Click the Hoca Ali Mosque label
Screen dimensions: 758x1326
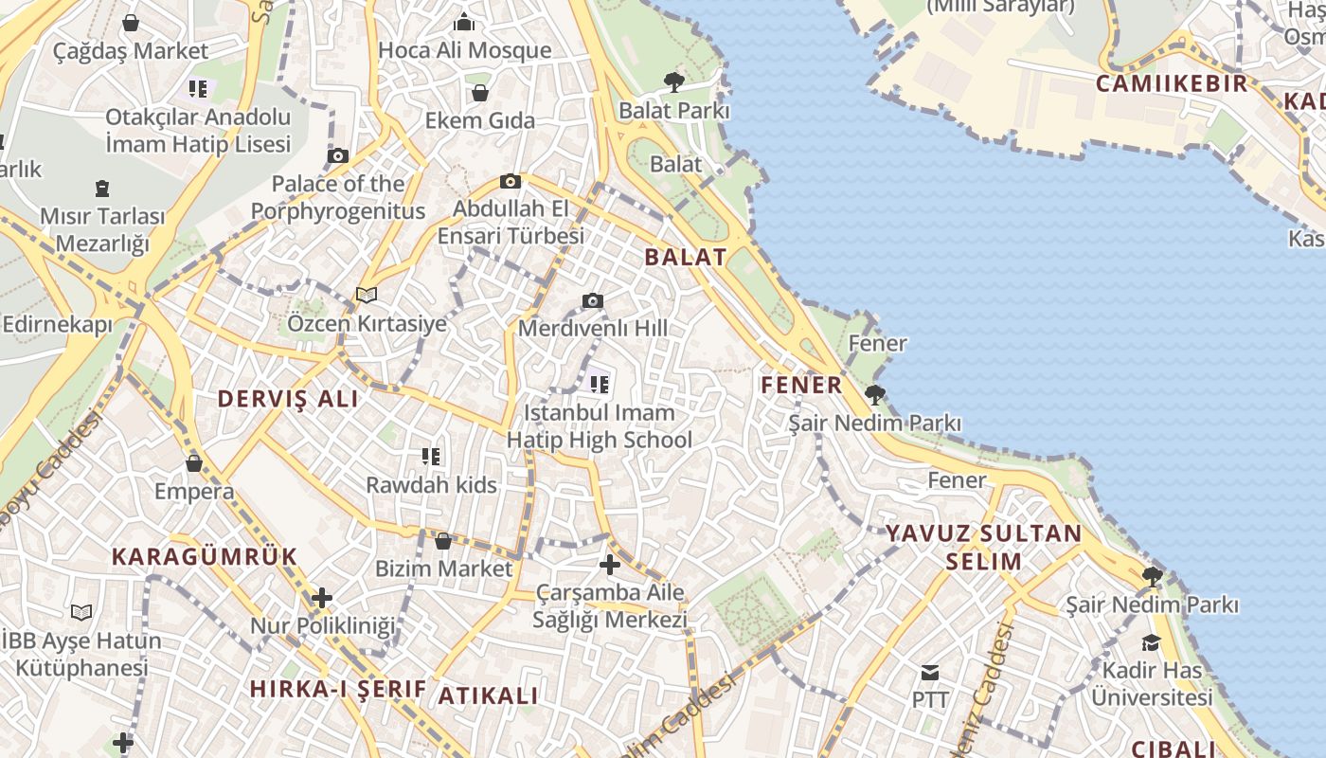pos(464,50)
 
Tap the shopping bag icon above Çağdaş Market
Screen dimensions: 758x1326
pos(131,22)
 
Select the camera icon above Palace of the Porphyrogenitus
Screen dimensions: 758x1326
pos(338,155)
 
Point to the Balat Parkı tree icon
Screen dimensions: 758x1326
pos(674,82)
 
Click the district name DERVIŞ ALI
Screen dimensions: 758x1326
pos(288,399)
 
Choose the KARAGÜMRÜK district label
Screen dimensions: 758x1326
pos(205,556)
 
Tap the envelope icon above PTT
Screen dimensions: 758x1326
pos(930,673)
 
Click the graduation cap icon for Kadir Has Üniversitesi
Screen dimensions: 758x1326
pos(1151,642)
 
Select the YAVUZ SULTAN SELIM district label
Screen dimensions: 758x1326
pos(983,547)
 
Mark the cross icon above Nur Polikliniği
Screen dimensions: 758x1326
pos(322,598)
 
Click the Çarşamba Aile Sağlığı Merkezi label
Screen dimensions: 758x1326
pos(610,606)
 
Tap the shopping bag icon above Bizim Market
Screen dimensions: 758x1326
pos(442,541)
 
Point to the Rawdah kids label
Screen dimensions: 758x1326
pos(431,485)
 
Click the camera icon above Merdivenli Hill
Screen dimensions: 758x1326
pos(593,301)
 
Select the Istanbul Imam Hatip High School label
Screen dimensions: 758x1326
pos(600,425)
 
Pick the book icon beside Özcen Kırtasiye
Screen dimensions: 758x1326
pos(367,296)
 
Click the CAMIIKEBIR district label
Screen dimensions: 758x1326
pos(1172,83)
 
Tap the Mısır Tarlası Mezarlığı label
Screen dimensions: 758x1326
pos(102,229)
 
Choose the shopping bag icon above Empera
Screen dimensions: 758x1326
pos(194,463)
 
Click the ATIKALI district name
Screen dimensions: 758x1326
pos(488,695)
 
